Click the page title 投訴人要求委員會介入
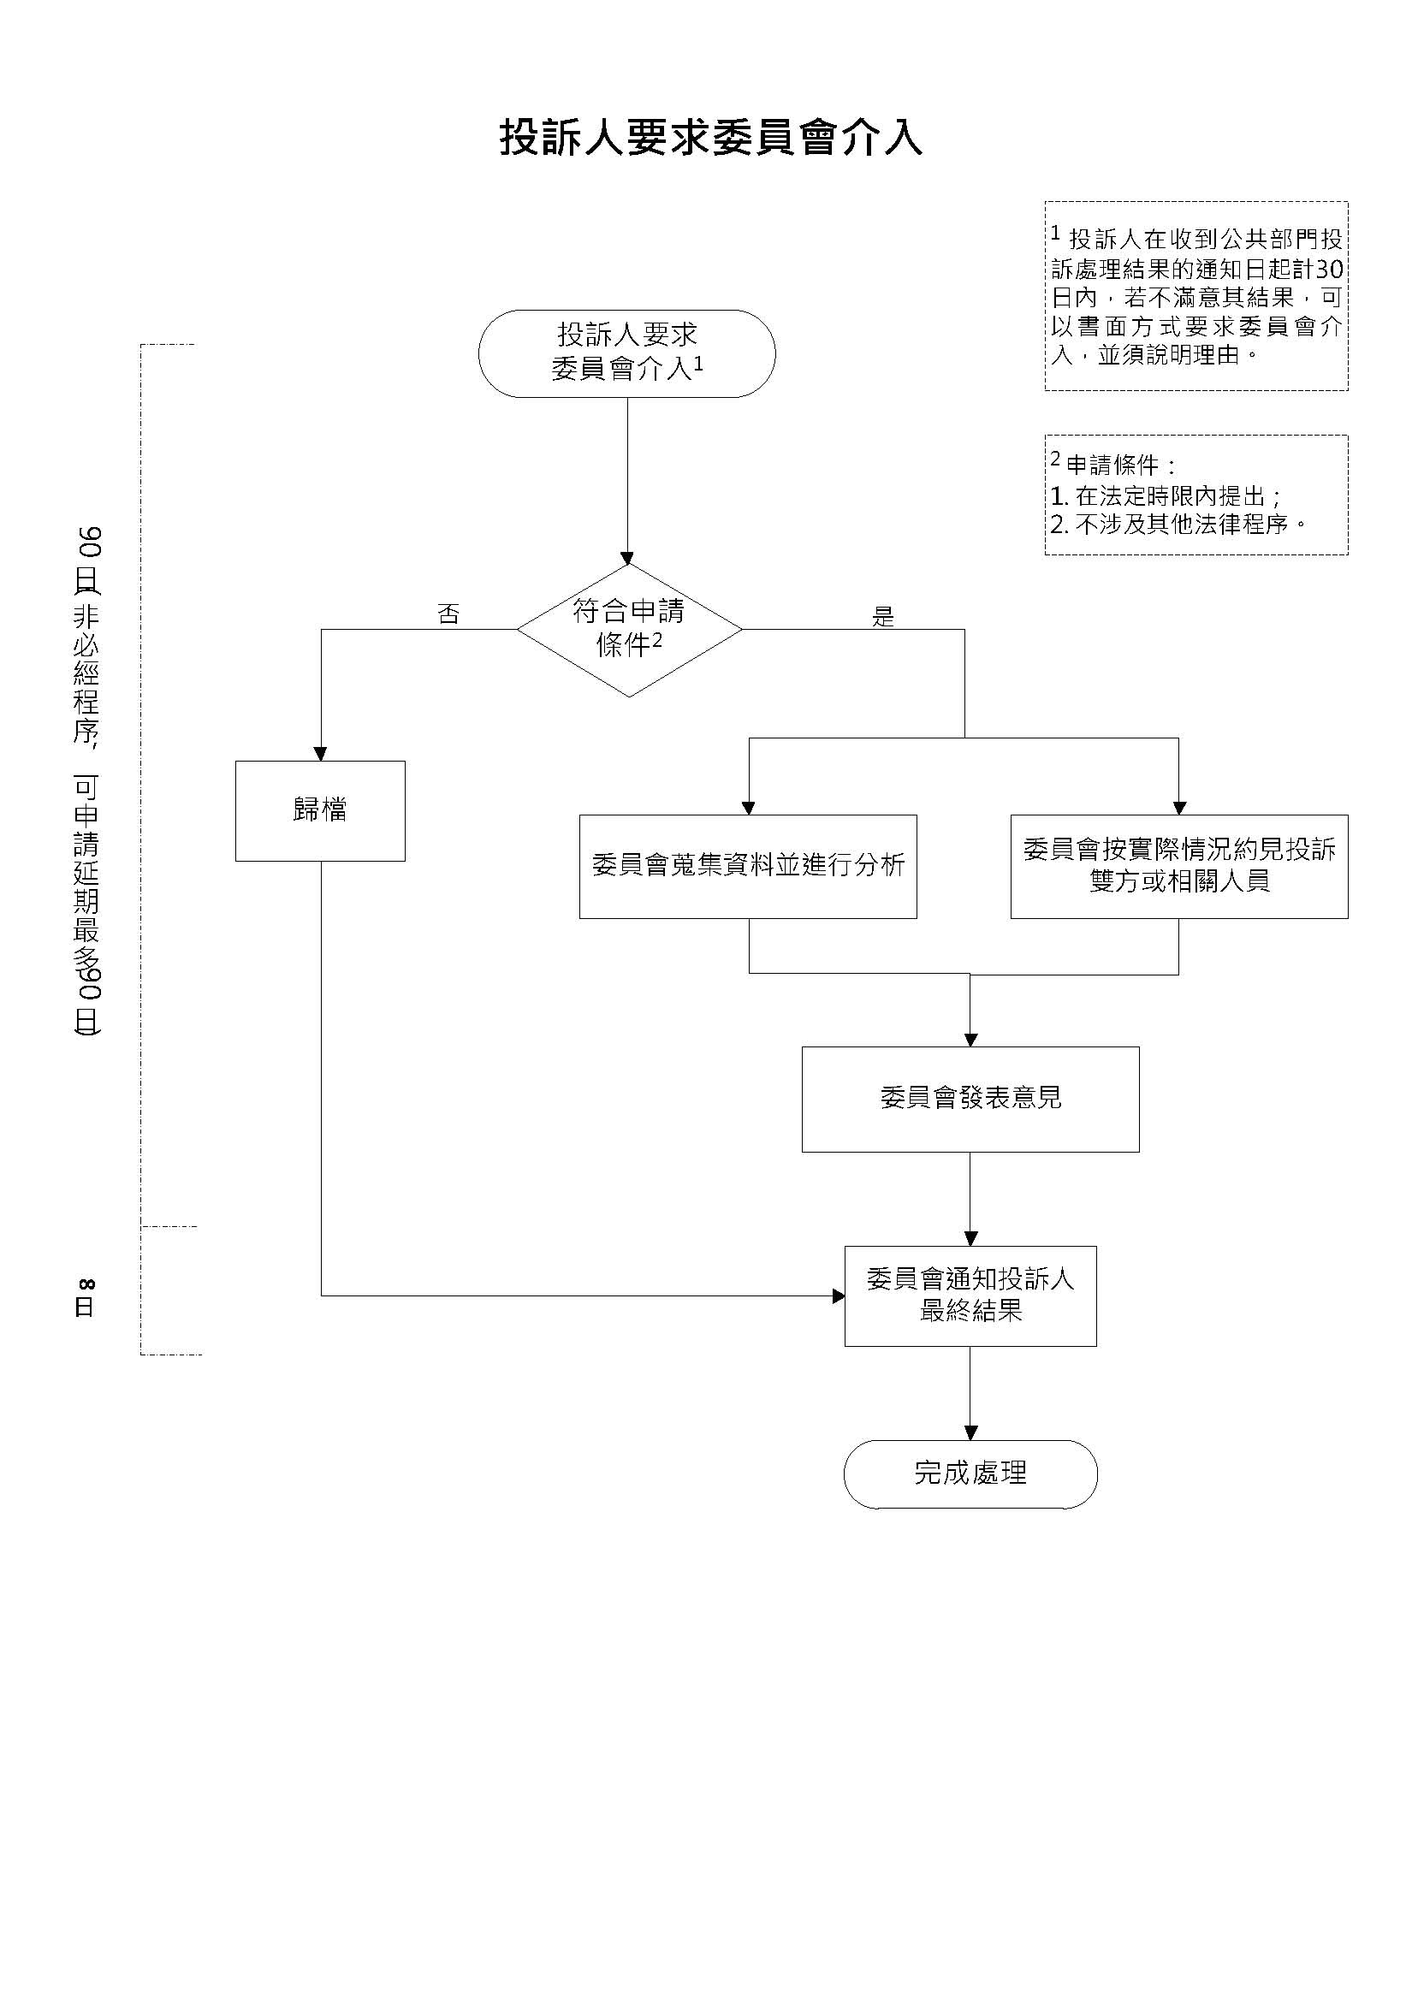coord(711,138)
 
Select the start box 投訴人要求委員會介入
coord(627,353)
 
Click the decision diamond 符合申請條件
coord(630,629)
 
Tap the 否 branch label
coord(448,614)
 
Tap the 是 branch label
coord(884,617)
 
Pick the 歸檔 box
coord(320,811)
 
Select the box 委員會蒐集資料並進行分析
coord(748,867)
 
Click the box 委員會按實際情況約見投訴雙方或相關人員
coord(1179,867)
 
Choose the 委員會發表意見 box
coord(971,1100)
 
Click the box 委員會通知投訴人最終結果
coord(971,1296)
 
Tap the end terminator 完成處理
coord(971,1474)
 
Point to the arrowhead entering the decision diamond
coord(627,558)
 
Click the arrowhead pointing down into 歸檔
coord(320,754)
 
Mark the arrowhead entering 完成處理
coord(970,1433)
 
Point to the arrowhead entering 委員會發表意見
coord(970,1041)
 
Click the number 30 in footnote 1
coord(1329,268)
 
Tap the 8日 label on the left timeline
coord(86,1298)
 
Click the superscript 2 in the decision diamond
coord(656,640)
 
